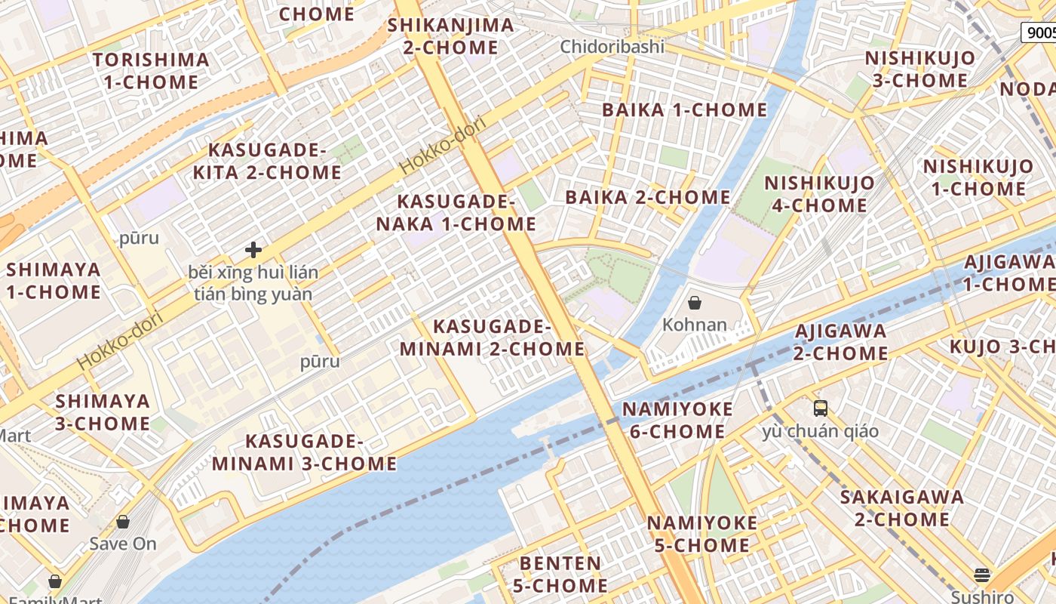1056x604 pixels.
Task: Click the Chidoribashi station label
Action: click(612, 47)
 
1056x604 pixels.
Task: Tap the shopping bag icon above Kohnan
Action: click(695, 303)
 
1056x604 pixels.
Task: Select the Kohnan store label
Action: click(695, 325)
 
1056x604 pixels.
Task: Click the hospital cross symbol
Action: click(253, 250)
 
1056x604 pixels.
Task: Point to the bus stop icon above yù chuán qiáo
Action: click(821, 408)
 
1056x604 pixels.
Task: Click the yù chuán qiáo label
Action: click(821, 432)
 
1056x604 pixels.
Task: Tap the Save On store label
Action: click(123, 544)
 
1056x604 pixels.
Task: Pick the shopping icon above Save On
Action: click(123, 522)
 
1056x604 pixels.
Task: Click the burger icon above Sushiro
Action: click(982, 575)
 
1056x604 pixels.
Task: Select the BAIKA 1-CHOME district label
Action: click(684, 110)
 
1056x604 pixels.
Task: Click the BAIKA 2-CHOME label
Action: click(648, 198)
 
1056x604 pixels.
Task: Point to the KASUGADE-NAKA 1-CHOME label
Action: click(456, 213)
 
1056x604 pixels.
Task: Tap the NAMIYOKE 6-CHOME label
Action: click(677, 421)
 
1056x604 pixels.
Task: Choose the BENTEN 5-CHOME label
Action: click(560, 575)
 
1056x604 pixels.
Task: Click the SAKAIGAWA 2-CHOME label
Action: click(902, 508)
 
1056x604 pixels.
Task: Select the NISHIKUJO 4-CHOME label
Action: click(819, 194)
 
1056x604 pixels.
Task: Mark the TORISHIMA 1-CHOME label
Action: click(151, 71)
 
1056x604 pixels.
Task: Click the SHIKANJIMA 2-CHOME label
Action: click(450, 36)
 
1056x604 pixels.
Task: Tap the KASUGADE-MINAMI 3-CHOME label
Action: click(305, 452)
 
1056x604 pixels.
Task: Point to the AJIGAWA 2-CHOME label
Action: click(841, 342)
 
